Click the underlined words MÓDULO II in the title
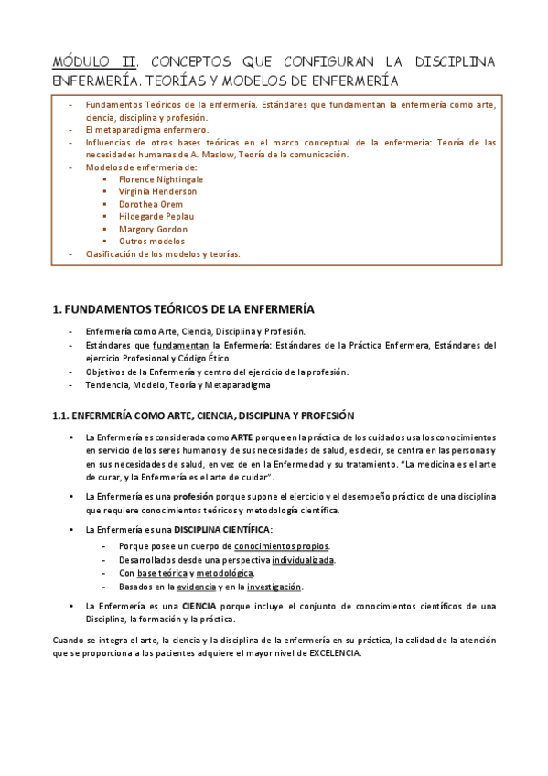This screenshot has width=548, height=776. pos(94,61)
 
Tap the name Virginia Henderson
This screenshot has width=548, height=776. pos(157,192)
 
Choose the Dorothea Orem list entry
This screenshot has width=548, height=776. pos(150,204)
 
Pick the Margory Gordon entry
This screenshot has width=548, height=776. pos(153,229)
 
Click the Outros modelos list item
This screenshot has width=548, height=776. pos(151,242)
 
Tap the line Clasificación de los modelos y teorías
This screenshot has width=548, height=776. pos(163,254)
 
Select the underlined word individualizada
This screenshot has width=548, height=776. pos(303,559)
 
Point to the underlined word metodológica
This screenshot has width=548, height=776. pos(224,573)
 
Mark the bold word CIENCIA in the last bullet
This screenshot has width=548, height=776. pos(199,606)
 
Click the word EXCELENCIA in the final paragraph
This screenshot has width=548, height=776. pos(335,653)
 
